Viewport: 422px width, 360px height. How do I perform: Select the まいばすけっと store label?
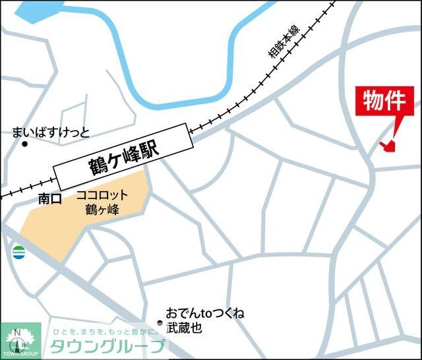[x=50, y=132]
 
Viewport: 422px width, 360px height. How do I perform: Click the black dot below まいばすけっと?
[x=25, y=143]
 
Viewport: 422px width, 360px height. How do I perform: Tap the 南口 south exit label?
[x=49, y=196]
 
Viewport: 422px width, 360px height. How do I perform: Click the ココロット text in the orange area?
[x=101, y=196]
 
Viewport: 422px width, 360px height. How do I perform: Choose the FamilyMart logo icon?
[x=18, y=251]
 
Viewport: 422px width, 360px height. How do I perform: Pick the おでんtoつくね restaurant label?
[x=205, y=313]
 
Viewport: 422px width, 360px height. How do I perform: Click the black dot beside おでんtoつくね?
[x=160, y=322]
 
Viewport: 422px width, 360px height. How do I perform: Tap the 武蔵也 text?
[x=184, y=328]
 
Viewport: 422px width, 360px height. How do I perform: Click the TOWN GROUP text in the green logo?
[x=20, y=355]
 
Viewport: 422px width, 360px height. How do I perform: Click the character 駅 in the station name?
[x=149, y=151]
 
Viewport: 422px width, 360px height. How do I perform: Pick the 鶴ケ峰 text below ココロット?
[x=102, y=211]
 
